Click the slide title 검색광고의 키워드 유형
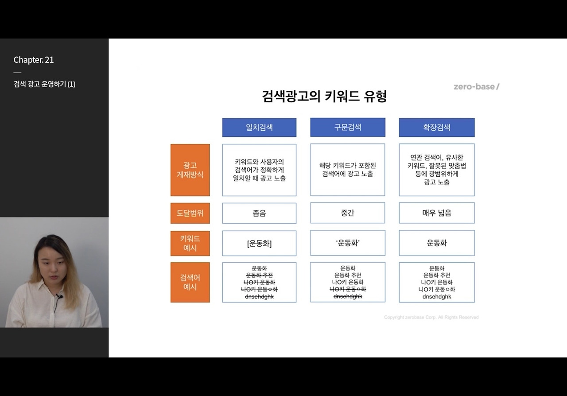pos(324,96)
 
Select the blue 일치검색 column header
pos(259,128)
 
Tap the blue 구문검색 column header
pos(348,127)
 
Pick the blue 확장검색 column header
pos(436,128)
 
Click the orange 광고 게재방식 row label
pos(190,170)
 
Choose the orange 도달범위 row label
pos(190,213)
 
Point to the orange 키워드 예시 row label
pos(190,243)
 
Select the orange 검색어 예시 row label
pos(190,282)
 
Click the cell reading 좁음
pos(259,213)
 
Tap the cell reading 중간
pos(348,213)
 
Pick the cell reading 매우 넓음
pos(436,213)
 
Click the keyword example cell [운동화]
pos(259,243)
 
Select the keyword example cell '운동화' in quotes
pos(348,243)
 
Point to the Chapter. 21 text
pos(34,60)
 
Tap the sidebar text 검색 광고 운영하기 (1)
pos(44,84)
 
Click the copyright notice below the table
pos(431,317)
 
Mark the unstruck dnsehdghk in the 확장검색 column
pos(436,297)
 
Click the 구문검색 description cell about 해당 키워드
pos(348,170)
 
